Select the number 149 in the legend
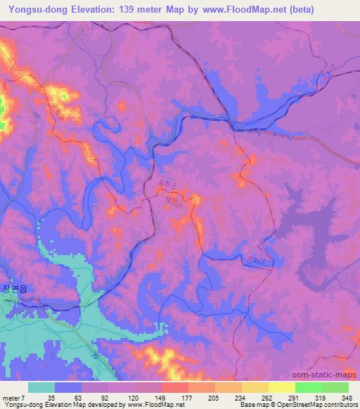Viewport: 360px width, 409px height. point(161,397)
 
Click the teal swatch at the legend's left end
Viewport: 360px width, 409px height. point(41,387)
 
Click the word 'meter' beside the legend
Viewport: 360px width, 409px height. point(11,397)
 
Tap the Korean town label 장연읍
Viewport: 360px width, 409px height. point(14,288)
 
